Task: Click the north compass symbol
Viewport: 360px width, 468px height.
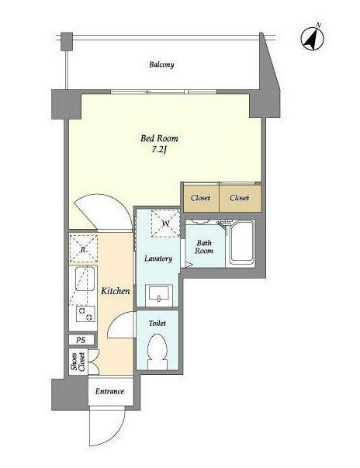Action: (312, 39)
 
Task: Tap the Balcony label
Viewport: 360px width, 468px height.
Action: (161, 64)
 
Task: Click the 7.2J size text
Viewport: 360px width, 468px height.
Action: (159, 150)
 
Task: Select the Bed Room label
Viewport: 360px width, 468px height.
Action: (159, 138)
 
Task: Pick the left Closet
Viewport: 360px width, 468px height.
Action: (201, 198)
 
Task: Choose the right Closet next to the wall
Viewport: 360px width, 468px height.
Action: (241, 198)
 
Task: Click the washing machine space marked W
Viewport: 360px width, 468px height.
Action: (165, 224)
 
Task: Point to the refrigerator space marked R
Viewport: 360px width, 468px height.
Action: (83, 249)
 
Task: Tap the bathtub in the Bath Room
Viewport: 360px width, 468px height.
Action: (242, 244)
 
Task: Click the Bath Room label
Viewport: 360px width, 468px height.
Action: (204, 247)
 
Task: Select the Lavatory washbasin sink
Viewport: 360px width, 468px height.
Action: (159, 294)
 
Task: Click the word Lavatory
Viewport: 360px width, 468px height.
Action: (158, 258)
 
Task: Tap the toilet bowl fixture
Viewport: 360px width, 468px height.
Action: (157, 352)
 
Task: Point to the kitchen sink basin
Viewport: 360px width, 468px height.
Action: (85, 279)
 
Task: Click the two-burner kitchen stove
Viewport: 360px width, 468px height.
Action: (85, 314)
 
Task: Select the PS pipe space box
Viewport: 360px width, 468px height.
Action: (81, 340)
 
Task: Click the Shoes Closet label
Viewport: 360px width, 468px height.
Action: (78, 362)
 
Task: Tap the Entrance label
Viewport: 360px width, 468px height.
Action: (109, 391)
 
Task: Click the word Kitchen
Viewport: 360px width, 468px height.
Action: (116, 291)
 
